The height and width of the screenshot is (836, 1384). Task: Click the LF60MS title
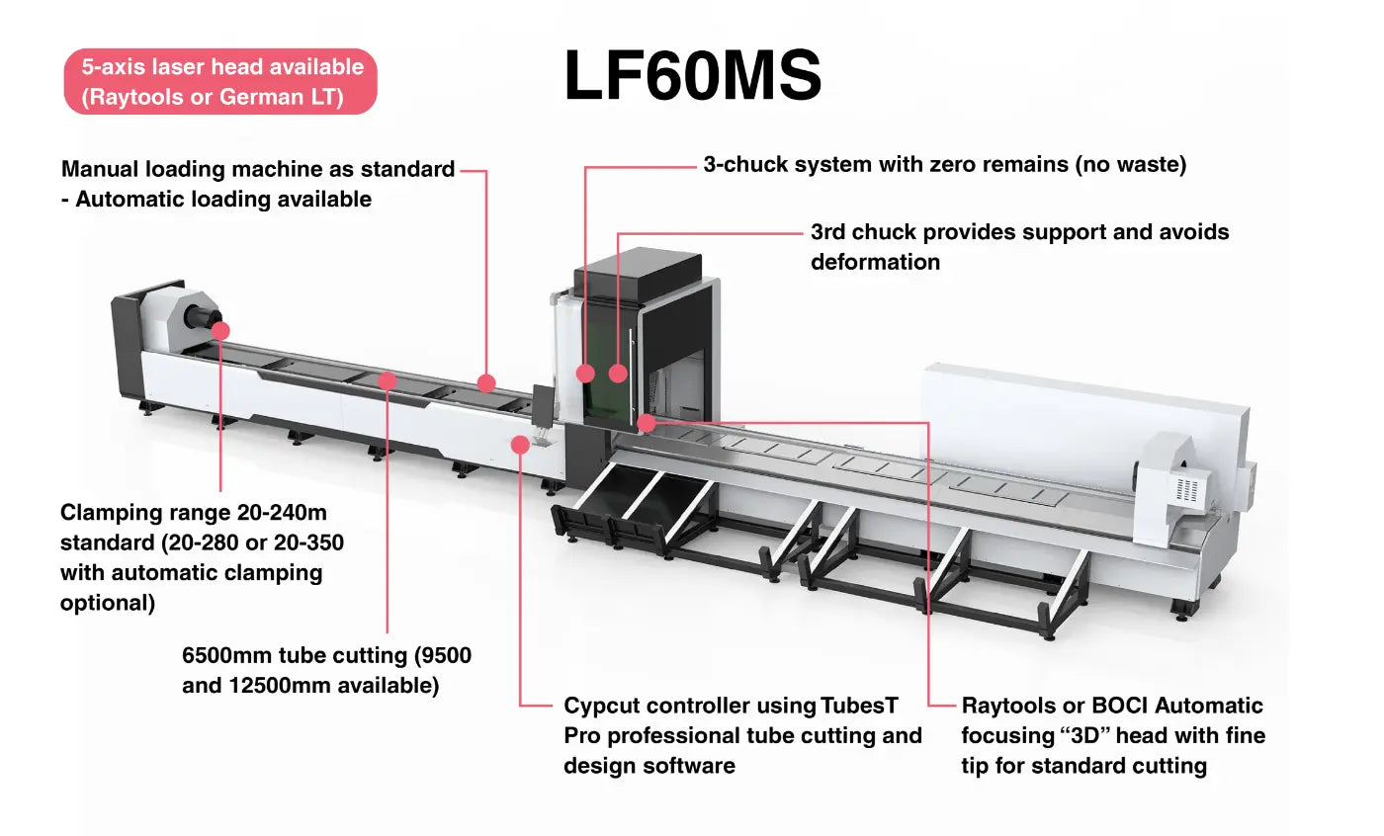pos(692,77)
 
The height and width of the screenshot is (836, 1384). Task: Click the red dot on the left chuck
pos(220,330)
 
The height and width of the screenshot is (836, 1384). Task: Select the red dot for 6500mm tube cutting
pos(388,379)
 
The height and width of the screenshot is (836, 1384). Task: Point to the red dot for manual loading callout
pos(485,383)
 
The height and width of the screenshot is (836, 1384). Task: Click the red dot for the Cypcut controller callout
pos(520,445)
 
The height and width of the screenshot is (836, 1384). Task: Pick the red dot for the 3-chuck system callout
pos(585,373)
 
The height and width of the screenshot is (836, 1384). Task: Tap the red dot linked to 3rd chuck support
pos(618,373)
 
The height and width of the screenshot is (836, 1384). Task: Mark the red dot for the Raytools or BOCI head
pos(646,423)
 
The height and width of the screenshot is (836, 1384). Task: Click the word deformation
pos(875,262)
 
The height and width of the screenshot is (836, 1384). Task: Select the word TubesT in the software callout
pos(859,707)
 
